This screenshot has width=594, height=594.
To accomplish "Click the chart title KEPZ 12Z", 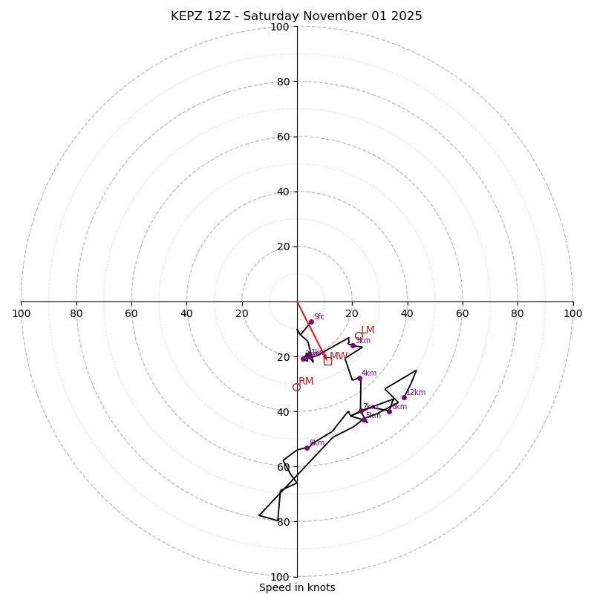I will [x=296, y=16].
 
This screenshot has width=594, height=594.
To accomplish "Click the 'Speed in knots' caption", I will [x=297, y=587].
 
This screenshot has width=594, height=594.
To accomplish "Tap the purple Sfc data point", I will [x=311, y=322].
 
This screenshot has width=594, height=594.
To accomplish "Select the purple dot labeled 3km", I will [x=353, y=345].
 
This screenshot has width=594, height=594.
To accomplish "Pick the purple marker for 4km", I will [x=359, y=378].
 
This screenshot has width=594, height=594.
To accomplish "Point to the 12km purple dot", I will [x=404, y=397].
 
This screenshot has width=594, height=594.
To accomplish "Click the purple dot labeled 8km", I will [x=307, y=448].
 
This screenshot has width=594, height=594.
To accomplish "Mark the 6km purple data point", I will [x=389, y=411].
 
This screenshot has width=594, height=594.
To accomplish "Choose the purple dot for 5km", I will [x=364, y=420].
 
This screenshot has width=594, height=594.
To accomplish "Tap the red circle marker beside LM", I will [x=359, y=336].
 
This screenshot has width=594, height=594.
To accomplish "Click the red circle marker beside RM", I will [x=296, y=387].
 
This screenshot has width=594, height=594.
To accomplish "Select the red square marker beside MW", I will [x=327, y=361].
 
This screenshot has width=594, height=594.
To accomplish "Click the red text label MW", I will [x=338, y=356].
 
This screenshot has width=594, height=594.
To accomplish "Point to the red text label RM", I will [x=306, y=382].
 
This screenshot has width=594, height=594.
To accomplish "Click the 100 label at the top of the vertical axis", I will [x=280, y=27].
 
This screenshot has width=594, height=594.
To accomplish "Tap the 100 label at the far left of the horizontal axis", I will [x=21, y=313].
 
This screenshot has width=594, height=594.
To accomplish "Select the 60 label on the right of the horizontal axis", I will [x=463, y=313].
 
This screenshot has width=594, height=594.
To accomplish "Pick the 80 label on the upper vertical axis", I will [x=282, y=82].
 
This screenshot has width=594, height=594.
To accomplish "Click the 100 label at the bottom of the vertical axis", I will [x=280, y=576].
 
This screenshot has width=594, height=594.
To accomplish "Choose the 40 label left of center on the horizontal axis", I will [x=186, y=313].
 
